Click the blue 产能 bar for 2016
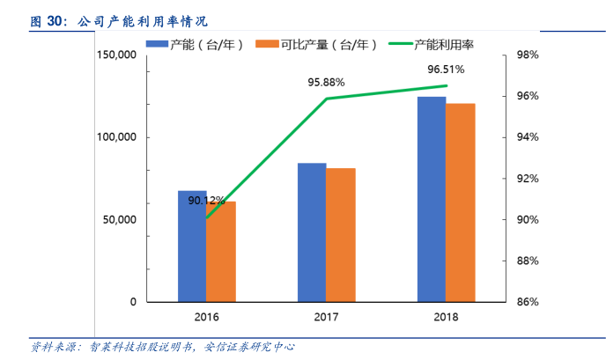tap(192, 246)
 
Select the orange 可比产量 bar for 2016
tap(221, 252)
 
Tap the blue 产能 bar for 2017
tap(312, 232)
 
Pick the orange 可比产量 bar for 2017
tap(341, 235)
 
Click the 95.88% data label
tap(326, 82)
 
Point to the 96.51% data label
tap(446, 69)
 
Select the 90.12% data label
tap(207, 201)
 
